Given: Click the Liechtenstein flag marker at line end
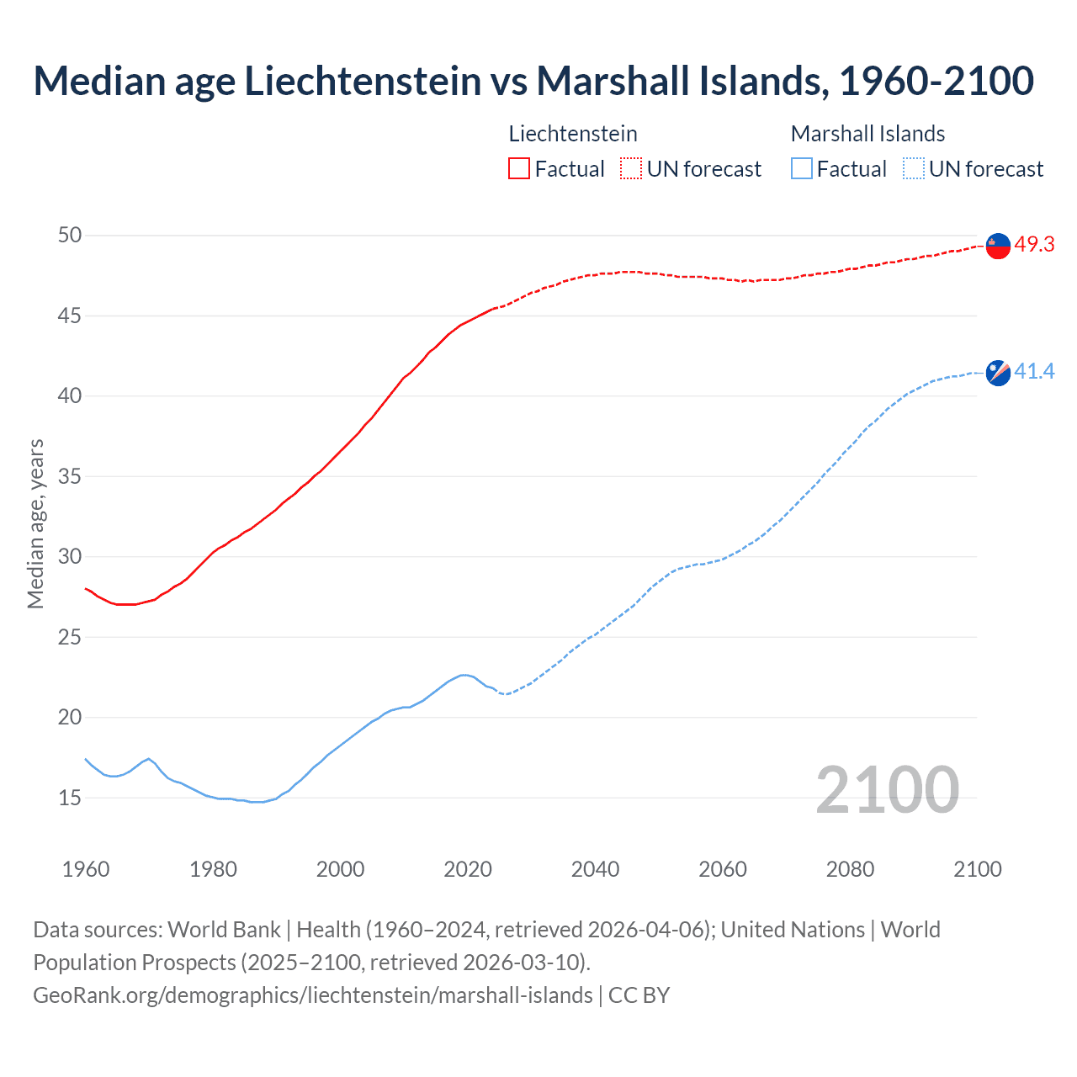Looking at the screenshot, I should tap(997, 245).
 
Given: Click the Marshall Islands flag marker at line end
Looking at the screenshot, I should tap(997, 372).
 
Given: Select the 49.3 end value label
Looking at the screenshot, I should tap(1034, 245).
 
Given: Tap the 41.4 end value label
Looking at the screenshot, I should tap(1034, 371).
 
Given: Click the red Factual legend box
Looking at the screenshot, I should tap(519, 168).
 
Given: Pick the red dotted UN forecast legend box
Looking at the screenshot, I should tap(631, 168).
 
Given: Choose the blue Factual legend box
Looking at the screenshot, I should tap(802, 168).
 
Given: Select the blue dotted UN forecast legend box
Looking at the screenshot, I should tap(913, 168).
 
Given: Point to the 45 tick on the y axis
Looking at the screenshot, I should tap(70, 316).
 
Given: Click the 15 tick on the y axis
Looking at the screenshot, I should tap(70, 798).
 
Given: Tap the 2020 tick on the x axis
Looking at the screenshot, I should tap(468, 869).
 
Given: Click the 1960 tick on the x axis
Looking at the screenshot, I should tap(86, 869).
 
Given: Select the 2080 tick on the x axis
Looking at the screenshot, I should tap(850, 869).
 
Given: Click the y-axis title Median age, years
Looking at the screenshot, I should tap(35, 523).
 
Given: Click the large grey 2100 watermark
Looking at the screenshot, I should tap(887, 789).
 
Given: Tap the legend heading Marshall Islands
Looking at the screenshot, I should tap(867, 134).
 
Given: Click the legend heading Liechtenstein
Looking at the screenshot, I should tap(573, 134).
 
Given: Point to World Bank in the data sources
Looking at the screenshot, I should tap(224, 930).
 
